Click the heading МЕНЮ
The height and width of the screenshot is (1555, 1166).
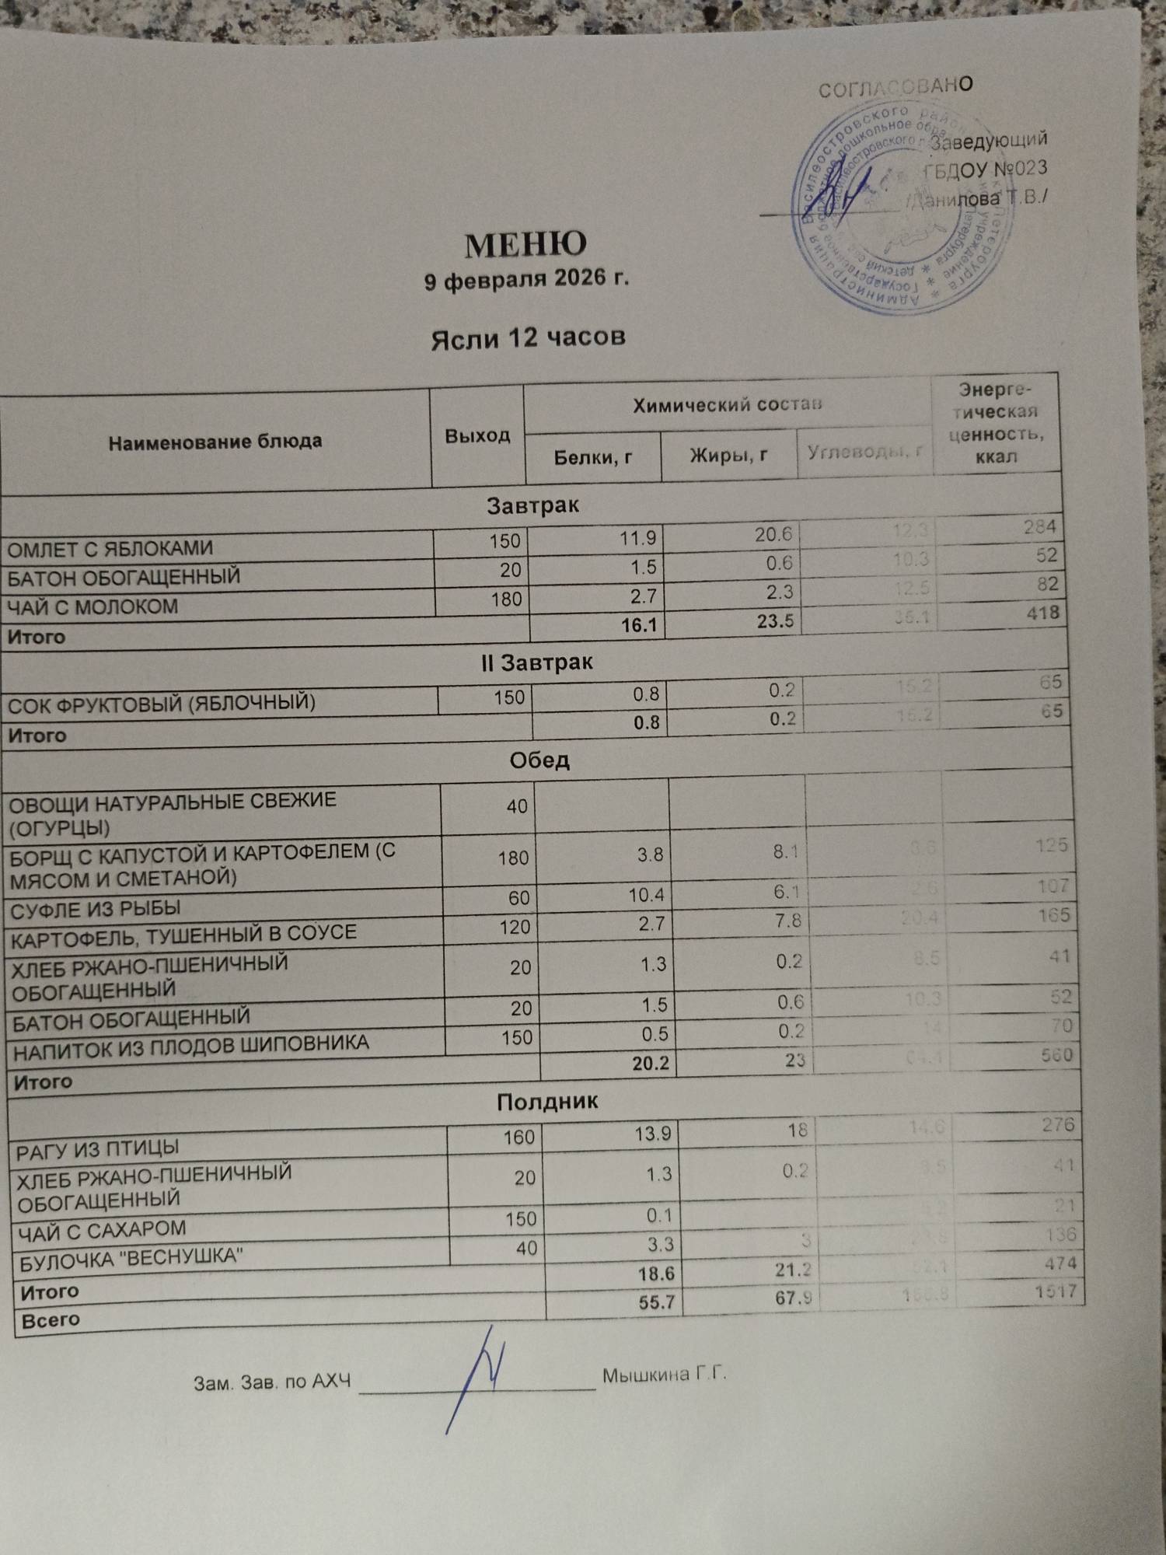point(525,245)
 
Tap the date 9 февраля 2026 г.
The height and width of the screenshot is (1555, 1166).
point(526,279)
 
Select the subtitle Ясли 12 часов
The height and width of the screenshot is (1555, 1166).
point(528,337)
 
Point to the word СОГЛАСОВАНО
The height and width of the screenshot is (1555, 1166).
point(895,87)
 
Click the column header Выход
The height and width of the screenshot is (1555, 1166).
point(477,435)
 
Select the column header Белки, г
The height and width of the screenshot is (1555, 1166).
point(592,457)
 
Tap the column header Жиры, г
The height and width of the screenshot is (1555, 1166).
point(729,455)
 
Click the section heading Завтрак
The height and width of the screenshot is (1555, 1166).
point(533,505)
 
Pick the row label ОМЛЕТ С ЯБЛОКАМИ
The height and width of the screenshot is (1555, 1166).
point(110,549)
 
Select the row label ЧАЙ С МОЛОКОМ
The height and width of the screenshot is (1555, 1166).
point(93,606)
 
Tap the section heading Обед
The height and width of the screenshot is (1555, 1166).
point(539,760)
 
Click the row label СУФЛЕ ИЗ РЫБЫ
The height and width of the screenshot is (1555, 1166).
point(96,907)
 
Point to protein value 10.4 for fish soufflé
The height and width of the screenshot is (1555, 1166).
point(647,896)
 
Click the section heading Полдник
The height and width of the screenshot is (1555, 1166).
point(547,1101)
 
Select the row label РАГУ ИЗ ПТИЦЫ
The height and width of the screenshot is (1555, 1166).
point(98,1148)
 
